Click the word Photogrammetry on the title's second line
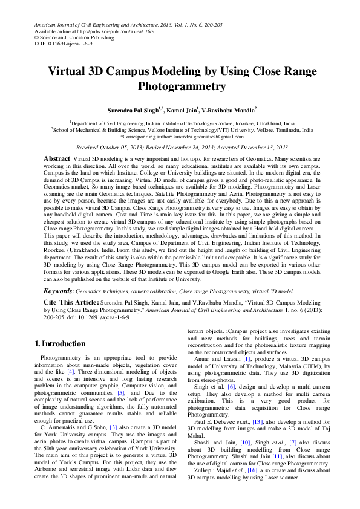[182, 86]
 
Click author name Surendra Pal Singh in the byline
[132, 111]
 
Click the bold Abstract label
[56, 158]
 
